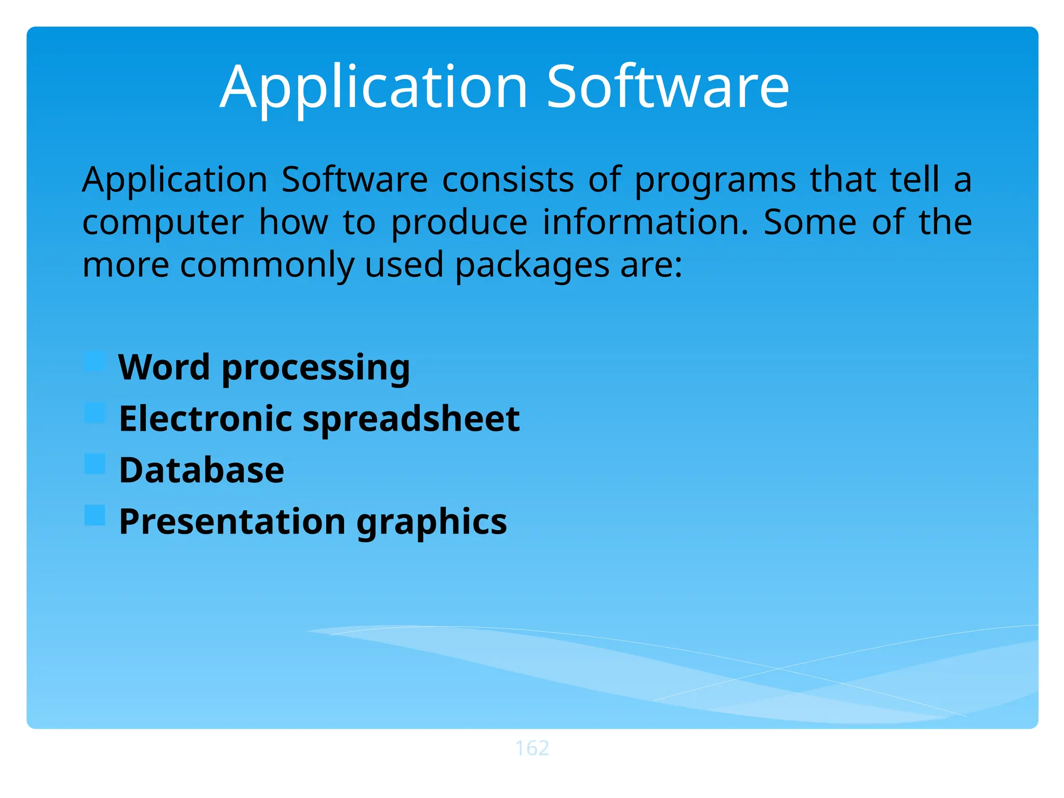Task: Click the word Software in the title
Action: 668,87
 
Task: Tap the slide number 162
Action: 532,748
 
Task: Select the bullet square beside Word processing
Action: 95,362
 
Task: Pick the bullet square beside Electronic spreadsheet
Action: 95,413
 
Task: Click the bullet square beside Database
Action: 95,464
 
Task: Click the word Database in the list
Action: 202,470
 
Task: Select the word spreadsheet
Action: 411,419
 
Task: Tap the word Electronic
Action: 206,419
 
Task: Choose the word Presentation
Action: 232,522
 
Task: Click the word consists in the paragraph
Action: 508,180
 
